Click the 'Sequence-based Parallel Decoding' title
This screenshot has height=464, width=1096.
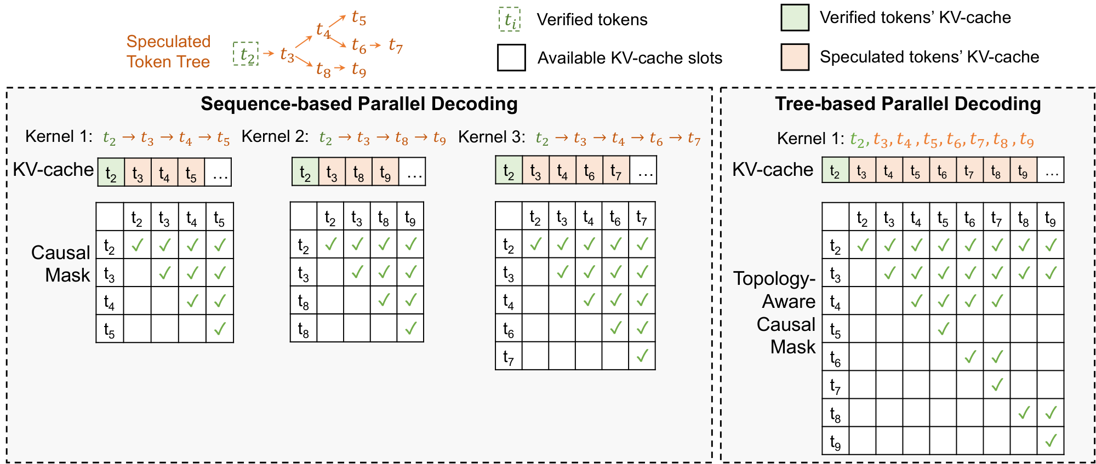tap(359, 104)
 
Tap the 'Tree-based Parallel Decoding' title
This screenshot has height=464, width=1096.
tap(907, 104)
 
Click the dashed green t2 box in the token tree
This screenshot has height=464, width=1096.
tap(246, 54)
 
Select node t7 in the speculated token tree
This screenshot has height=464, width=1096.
tap(396, 45)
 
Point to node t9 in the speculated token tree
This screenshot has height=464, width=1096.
tap(359, 69)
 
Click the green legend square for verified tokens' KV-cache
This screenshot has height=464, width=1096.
tap(795, 18)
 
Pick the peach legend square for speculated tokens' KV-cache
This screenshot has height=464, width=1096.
tap(795, 57)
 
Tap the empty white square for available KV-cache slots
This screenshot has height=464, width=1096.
tap(511, 58)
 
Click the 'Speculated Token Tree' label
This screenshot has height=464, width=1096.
tap(168, 51)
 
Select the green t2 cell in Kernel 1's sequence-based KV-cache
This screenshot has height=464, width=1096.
tap(111, 173)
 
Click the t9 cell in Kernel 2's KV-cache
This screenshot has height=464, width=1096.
tap(385, 173)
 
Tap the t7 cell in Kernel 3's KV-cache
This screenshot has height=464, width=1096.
tap(616, 170)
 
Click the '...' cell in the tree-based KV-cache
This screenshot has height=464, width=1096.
tap(1051, 170)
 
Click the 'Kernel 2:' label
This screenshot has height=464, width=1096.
tap(275, 136)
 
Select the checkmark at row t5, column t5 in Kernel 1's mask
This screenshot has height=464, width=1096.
tap(220, 329)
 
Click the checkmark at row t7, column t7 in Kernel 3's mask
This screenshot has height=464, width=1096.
tap(642, 356)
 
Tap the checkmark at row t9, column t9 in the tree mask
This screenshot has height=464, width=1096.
tap(1051, 440)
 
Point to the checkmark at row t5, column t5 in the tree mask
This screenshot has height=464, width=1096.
tap(943, 329)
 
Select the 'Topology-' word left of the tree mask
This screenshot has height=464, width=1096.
tap(774, 278)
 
